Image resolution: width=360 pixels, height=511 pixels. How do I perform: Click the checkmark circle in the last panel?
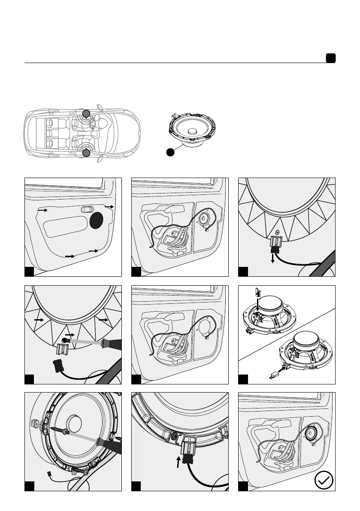click(x=324, y=481)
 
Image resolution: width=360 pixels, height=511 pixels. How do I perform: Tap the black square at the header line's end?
click(x=330, y=59)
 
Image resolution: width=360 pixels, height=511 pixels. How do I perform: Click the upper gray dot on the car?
click(x=86, y=114)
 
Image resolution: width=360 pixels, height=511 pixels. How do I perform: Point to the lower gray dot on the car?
click(x=86, y=153)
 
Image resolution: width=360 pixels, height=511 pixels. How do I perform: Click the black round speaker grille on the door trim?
click(x=97, y=219)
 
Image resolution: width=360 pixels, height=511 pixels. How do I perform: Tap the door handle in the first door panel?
click(x=86, y=209)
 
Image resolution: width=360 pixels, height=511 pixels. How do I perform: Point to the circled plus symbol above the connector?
click(x=277, y=233)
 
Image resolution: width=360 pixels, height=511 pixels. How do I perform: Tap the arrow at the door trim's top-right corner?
click(x=109, y=207)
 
